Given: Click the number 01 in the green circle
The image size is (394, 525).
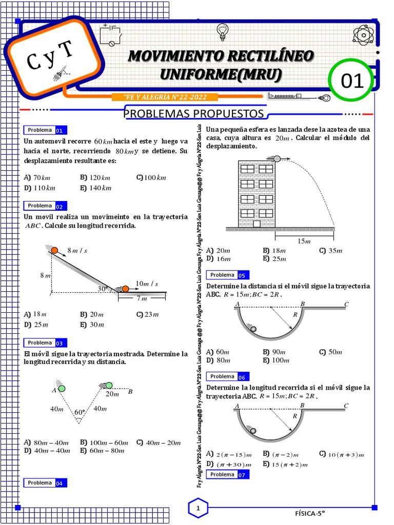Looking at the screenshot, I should point(352,80).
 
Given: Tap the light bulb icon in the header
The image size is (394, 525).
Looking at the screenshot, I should point(222,31).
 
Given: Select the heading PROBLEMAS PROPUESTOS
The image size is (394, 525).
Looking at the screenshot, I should point(193,113).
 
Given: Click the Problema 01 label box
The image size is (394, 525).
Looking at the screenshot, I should point(45,130).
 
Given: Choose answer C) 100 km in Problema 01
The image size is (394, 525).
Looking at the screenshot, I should point(151,178).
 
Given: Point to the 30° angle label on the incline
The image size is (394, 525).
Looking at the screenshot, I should point(103,289).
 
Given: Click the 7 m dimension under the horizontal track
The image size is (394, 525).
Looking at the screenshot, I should point(142,299).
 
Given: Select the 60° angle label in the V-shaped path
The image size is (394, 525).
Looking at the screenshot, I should point(79,412).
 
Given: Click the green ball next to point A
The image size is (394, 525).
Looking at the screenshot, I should point(62,389).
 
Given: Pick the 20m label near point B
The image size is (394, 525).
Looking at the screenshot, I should point(112,394).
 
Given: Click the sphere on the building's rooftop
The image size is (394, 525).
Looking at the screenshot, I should point(277,158).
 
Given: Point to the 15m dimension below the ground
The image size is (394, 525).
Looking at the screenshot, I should point(304,241).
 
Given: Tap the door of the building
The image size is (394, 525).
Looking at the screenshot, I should point(257,223).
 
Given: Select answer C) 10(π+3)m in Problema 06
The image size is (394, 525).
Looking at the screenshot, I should point(341,454).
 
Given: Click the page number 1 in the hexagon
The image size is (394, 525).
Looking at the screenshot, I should point(198,508).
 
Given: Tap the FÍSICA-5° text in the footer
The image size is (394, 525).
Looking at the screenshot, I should point(310,512).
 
